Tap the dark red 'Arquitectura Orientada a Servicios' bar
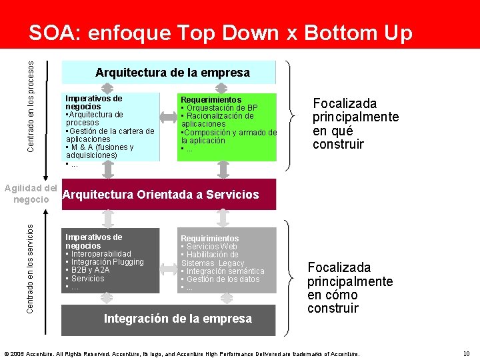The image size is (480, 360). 168,195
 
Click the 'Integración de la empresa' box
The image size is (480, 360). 177,319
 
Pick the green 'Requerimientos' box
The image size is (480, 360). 228,127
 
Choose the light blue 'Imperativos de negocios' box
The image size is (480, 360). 111,127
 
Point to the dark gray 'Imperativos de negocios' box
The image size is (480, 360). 111,261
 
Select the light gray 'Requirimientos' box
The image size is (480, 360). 228,261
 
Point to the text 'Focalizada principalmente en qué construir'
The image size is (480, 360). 355,124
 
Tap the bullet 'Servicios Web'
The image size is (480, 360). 212,247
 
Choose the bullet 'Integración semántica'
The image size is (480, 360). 225,271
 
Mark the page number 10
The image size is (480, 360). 466,353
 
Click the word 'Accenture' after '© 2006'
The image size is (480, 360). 38,353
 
